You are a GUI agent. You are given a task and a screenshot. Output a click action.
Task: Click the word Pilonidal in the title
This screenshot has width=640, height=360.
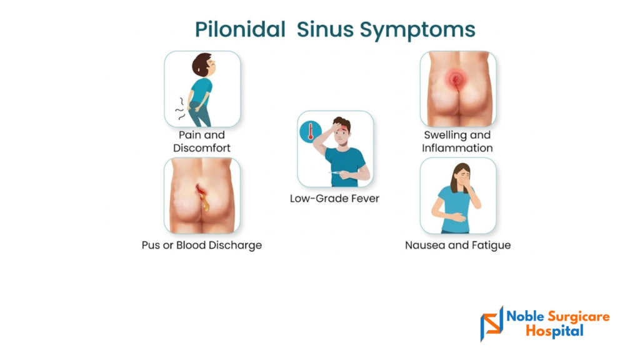(x=240, y=29)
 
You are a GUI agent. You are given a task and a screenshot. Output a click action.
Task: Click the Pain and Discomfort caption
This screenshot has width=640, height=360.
(x=202, y=141)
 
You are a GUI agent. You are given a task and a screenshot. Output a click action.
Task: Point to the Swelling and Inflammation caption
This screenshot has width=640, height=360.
(x=457, y=141)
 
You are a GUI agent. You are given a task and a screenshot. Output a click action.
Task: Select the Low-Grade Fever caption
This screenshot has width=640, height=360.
(x=335, y=198)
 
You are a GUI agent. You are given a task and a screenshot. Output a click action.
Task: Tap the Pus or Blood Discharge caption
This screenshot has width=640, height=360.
(x=202, y=245)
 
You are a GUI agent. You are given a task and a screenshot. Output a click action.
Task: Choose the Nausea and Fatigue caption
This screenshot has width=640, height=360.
(x=457, y=245)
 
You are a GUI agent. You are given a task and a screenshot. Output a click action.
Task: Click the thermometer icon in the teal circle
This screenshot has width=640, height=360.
(x=311, y=132)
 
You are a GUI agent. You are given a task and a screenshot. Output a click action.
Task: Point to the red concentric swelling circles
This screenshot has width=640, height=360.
(x=456, y=79)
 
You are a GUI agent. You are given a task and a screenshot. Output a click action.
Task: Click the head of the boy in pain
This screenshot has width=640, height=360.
(x=204, y=65)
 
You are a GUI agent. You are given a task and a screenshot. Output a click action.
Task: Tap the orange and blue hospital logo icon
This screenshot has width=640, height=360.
(x=492, y=323)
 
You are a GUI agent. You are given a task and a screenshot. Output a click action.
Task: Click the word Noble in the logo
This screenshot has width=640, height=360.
(x=525, y=316)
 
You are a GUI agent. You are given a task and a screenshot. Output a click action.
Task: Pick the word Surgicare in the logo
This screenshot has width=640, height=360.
(x=578, y=317)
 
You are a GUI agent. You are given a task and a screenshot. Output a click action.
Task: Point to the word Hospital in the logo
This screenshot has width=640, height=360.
(x=554, y=331)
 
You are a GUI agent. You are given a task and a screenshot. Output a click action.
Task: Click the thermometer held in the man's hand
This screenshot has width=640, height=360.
(x=336, y=173)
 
